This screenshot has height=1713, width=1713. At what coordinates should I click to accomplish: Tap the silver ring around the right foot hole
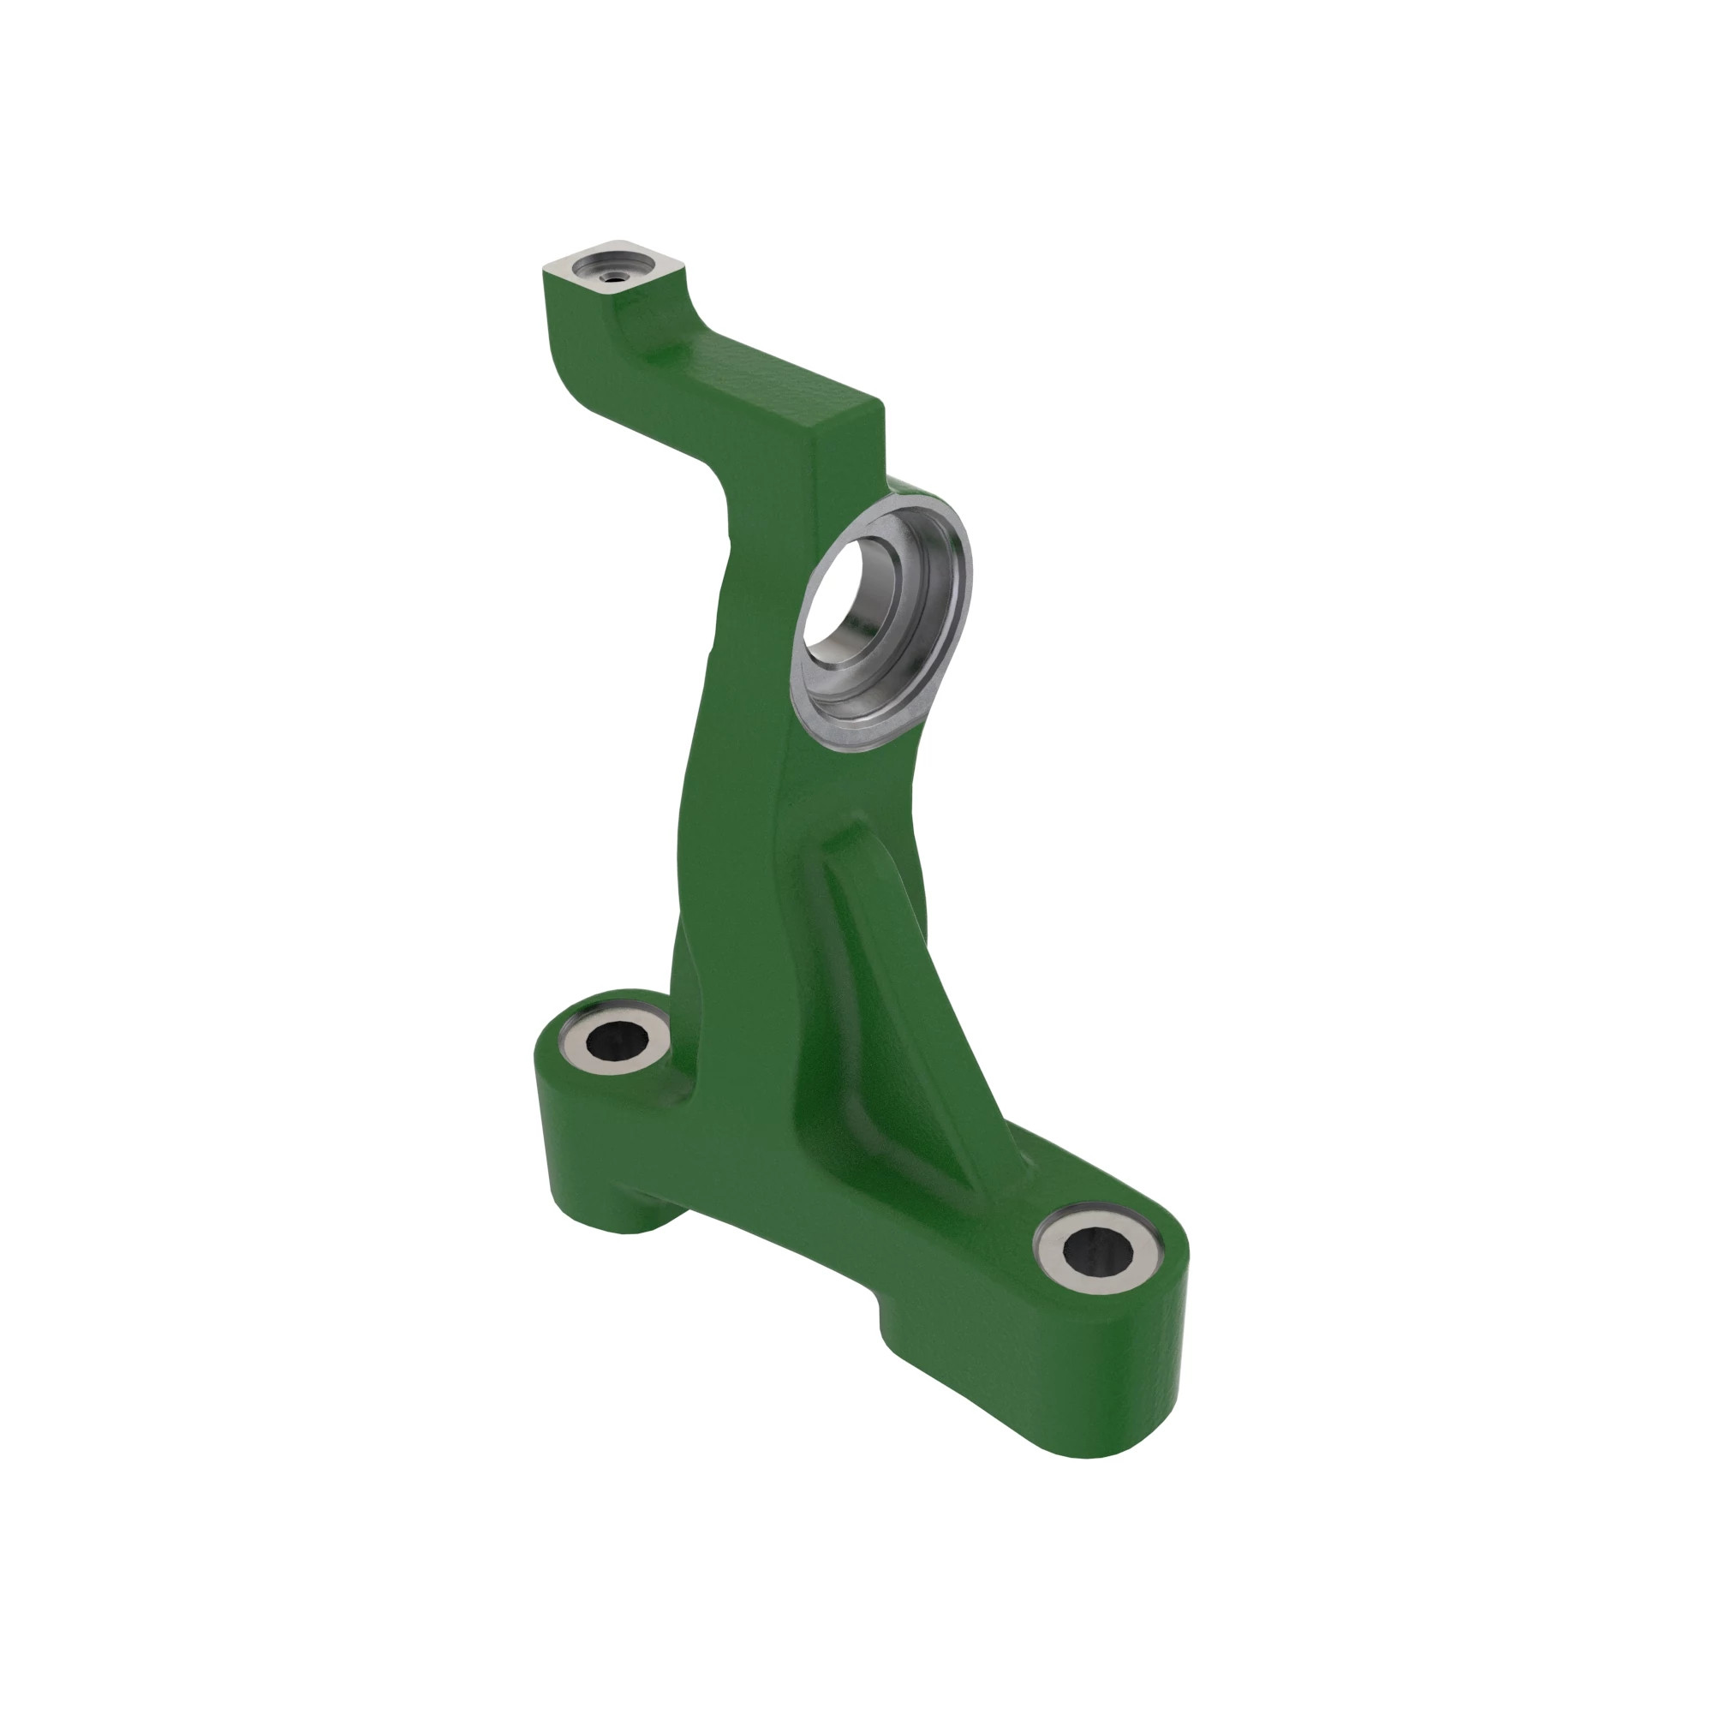[1055, 1268]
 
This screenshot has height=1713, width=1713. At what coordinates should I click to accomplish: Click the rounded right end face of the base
[1153, 1383]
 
